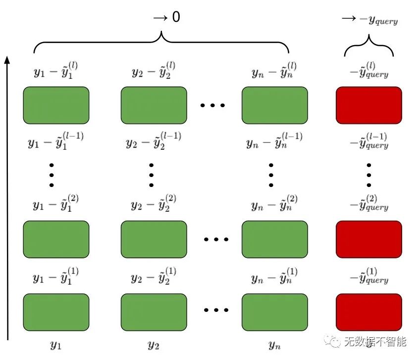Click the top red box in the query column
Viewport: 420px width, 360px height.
pyautogui.click(x=368, y=105)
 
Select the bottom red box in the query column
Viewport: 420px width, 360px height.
pyautogui.click(x=368, y=312)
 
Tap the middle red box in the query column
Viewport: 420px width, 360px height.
pyautogui.click(x=368, y=240)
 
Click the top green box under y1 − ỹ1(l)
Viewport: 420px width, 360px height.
pyautogui.click(x=56, y=105)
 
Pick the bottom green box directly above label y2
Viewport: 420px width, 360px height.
pyautogui.click(x=154, y=312)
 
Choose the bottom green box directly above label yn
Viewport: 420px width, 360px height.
pyautogui.click(x=274, y=312)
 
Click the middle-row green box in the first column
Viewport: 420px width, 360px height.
pyautogui.click(x=56, y=240)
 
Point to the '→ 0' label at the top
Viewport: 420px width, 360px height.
pyautogui.click(x=166, y=17)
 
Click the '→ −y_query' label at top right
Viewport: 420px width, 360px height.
pyautogui.click(x=369, y=20)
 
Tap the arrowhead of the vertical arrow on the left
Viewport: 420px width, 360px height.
pyautogui.click(x=7, y=60)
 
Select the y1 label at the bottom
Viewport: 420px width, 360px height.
pyautogui.click(x=56, y=344)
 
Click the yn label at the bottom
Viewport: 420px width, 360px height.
pyautogui.click(x=274, y=344)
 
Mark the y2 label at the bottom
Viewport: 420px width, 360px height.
pyautogui.click(x=154, y=344)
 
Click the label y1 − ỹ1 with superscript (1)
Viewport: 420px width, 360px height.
pyautogui.click(x=55, y=276)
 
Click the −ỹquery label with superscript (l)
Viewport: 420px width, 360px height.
pyautogui.click(x=369, y=71)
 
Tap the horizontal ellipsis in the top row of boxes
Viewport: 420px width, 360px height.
pyautogui.click(x=213, y=105)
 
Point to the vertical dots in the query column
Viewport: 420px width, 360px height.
pyautogui.click(x=369, y=174)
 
